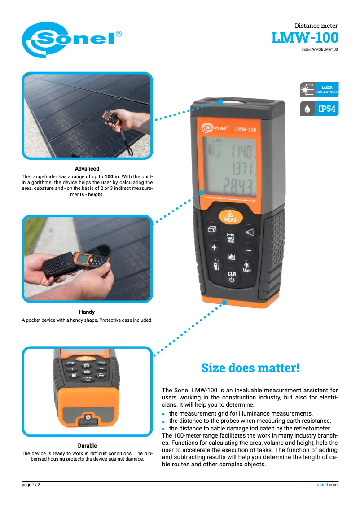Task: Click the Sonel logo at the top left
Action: point(71,39)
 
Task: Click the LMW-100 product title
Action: point(304,38)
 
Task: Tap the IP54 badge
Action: point(319,109)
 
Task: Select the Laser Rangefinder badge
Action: point(319,90)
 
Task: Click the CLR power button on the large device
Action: point(232,276)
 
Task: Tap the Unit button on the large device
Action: point(247,268)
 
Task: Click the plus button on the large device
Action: point(214,247)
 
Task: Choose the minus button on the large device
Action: point(248,250)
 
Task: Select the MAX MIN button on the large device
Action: point(230,238)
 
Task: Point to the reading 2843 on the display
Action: point(238,186)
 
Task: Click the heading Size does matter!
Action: point(250,368)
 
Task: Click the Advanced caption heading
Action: point(87,169)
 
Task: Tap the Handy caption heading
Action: point(87,312)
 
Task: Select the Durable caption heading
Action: point(88,446)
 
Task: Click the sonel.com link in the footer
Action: point(327,485)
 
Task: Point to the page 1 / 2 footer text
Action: point(31,485)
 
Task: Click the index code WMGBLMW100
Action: point(325,50)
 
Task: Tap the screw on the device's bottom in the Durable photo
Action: point(88,417)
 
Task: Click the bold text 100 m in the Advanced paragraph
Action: point(112,176)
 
